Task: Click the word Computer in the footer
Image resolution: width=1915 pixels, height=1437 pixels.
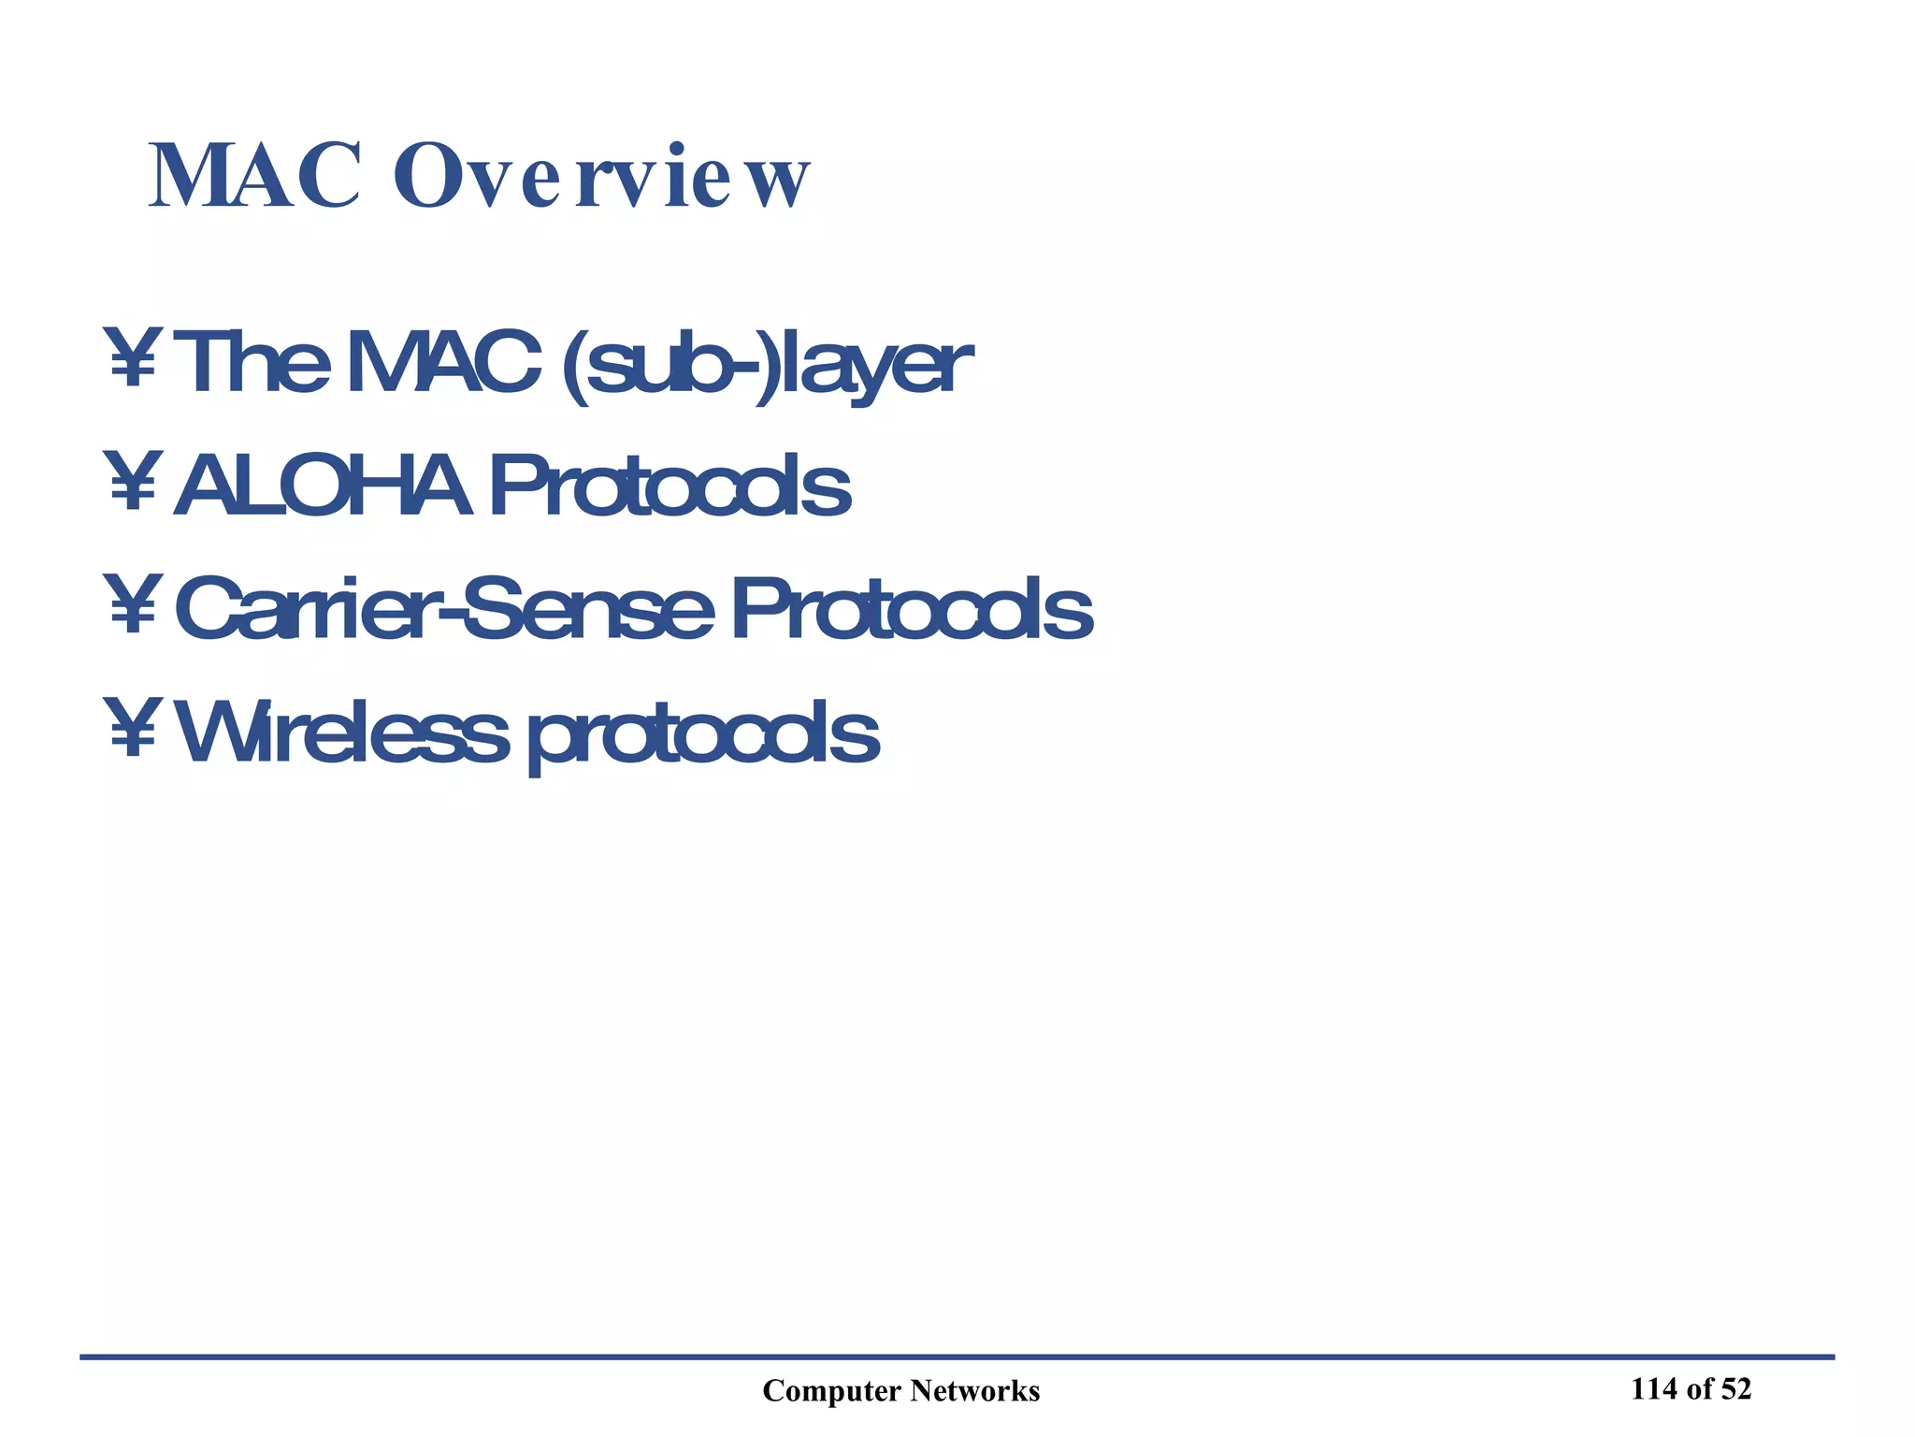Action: tap(831, 1391)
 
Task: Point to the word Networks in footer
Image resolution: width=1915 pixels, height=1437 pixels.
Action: tap(975, 1391)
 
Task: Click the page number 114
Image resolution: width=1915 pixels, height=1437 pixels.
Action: tap(1654, 1389)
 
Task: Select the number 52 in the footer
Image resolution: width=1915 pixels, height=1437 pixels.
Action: tap(1735, 1389)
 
